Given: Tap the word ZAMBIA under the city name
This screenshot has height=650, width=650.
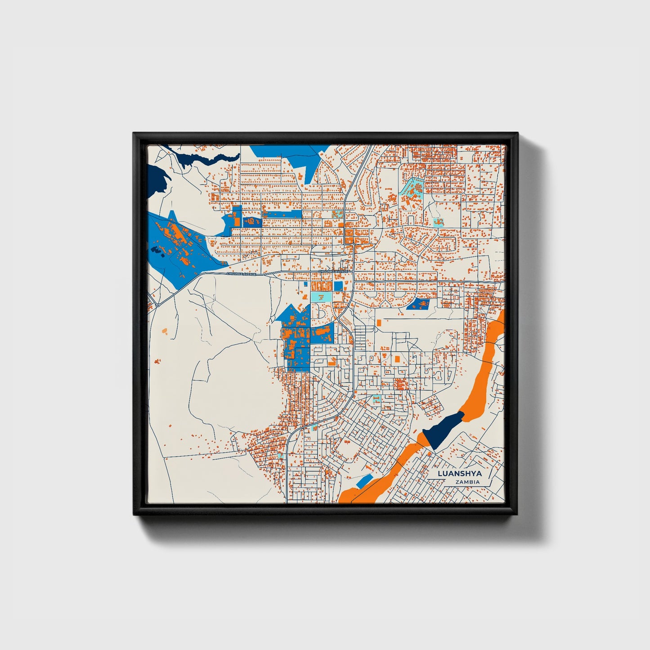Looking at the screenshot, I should [x=467, y=482].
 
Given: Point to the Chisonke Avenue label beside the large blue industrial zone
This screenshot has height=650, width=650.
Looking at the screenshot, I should [x=241, y=273].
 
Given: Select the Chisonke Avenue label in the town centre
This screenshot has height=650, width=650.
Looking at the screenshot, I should [x=333, y=272].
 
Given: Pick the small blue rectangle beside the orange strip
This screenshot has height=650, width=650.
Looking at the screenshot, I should [x=364, y=481].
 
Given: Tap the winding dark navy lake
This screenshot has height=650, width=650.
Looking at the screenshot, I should [x=198, y=158].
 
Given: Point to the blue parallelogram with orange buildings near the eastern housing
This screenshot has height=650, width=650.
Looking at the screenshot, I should [x=418, y=305].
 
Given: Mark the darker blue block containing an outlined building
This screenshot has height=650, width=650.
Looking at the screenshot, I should [x=252, y=222].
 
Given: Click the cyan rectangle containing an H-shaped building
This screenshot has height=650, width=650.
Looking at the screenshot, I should [x=437, y=222].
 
